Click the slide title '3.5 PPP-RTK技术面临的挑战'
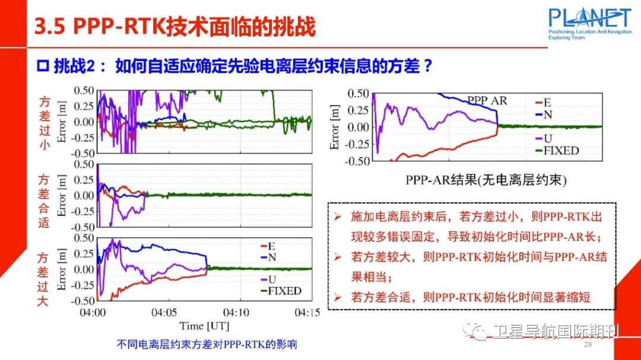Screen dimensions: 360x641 click(x=175, y=27)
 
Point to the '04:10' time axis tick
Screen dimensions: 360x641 click(x=236, y=311)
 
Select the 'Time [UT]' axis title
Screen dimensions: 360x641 click(x=205, y=325)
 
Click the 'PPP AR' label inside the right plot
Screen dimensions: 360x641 click(x=487, y=100)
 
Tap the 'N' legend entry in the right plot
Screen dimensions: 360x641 click(x=547, y=114)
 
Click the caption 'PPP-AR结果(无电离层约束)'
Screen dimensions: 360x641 click(x=486, y=180)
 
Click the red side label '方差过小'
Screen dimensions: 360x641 click(x=44, y=123)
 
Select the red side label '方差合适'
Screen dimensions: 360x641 click(x=44, y=200)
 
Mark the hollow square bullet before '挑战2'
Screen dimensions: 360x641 click(x=42, y=66)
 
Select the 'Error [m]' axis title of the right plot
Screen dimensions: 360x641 click(x=335, y=127)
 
